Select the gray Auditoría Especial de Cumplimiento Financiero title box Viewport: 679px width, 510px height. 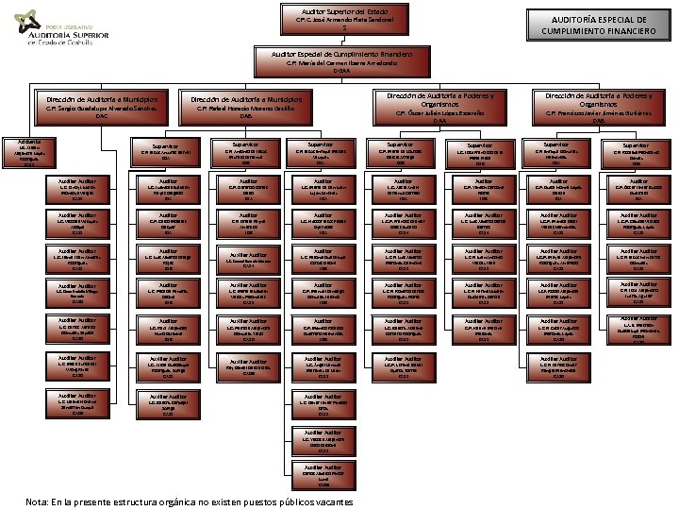599,25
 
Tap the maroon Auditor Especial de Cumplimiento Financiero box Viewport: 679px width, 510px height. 342,62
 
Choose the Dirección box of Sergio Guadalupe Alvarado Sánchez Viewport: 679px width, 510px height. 103,106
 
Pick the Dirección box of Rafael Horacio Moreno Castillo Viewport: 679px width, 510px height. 246,106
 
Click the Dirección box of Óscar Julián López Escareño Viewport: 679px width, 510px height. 434,106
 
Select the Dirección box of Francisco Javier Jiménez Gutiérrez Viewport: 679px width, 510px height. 598,106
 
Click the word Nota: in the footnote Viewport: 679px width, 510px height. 39,502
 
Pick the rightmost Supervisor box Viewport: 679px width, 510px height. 637,154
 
